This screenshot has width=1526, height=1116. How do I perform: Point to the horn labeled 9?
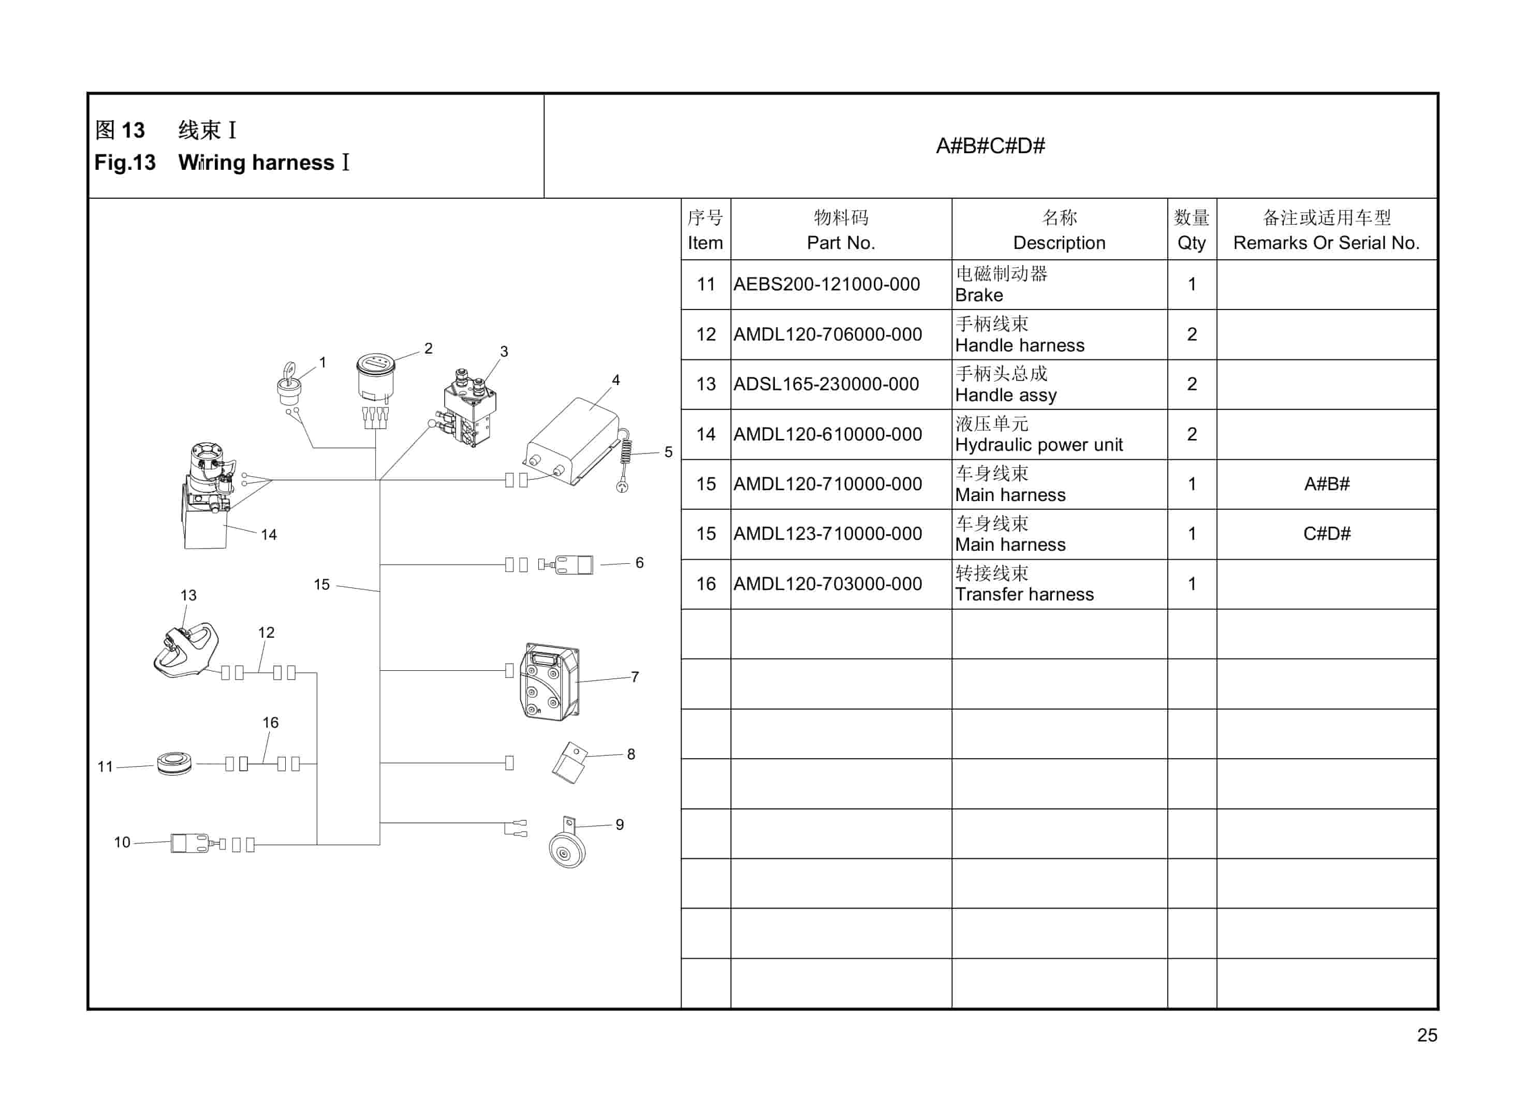(x=566, y=848)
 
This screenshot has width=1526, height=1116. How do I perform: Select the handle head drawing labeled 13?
(x=185, y=650)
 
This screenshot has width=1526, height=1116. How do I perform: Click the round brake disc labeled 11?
(x=173, y=763)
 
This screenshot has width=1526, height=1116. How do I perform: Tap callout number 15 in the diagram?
(x=321, y=585)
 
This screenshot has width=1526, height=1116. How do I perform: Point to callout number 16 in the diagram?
(x=270, y=723)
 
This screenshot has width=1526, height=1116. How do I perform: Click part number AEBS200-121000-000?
(x=826, y=284)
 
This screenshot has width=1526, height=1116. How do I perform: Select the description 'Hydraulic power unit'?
(x=1038, y=445)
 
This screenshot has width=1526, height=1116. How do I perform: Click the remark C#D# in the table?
(x=1326, y=534)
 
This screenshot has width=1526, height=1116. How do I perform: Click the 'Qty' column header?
(x=1191, y=243)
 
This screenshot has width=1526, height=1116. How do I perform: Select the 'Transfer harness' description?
(x=1024, y=594)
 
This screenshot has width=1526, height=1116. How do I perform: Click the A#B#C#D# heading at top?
(x=990, y=146)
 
